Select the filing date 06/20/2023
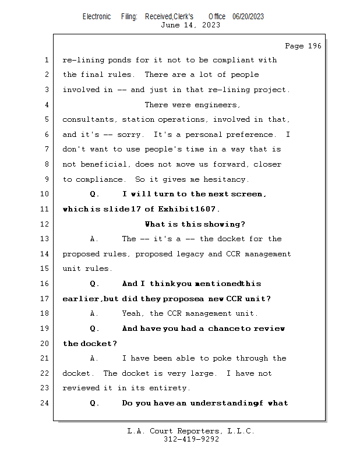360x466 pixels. coord(248,16)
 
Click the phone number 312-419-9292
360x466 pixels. coord(191,439)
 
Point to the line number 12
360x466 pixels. coord(45,224)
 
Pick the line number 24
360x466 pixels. coord(45,403)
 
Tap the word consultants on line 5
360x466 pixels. coord(89,119)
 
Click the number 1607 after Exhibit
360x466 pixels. coord(207,209)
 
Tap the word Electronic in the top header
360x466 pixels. coord(97,16)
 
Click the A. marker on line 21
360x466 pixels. coord(94,358)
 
